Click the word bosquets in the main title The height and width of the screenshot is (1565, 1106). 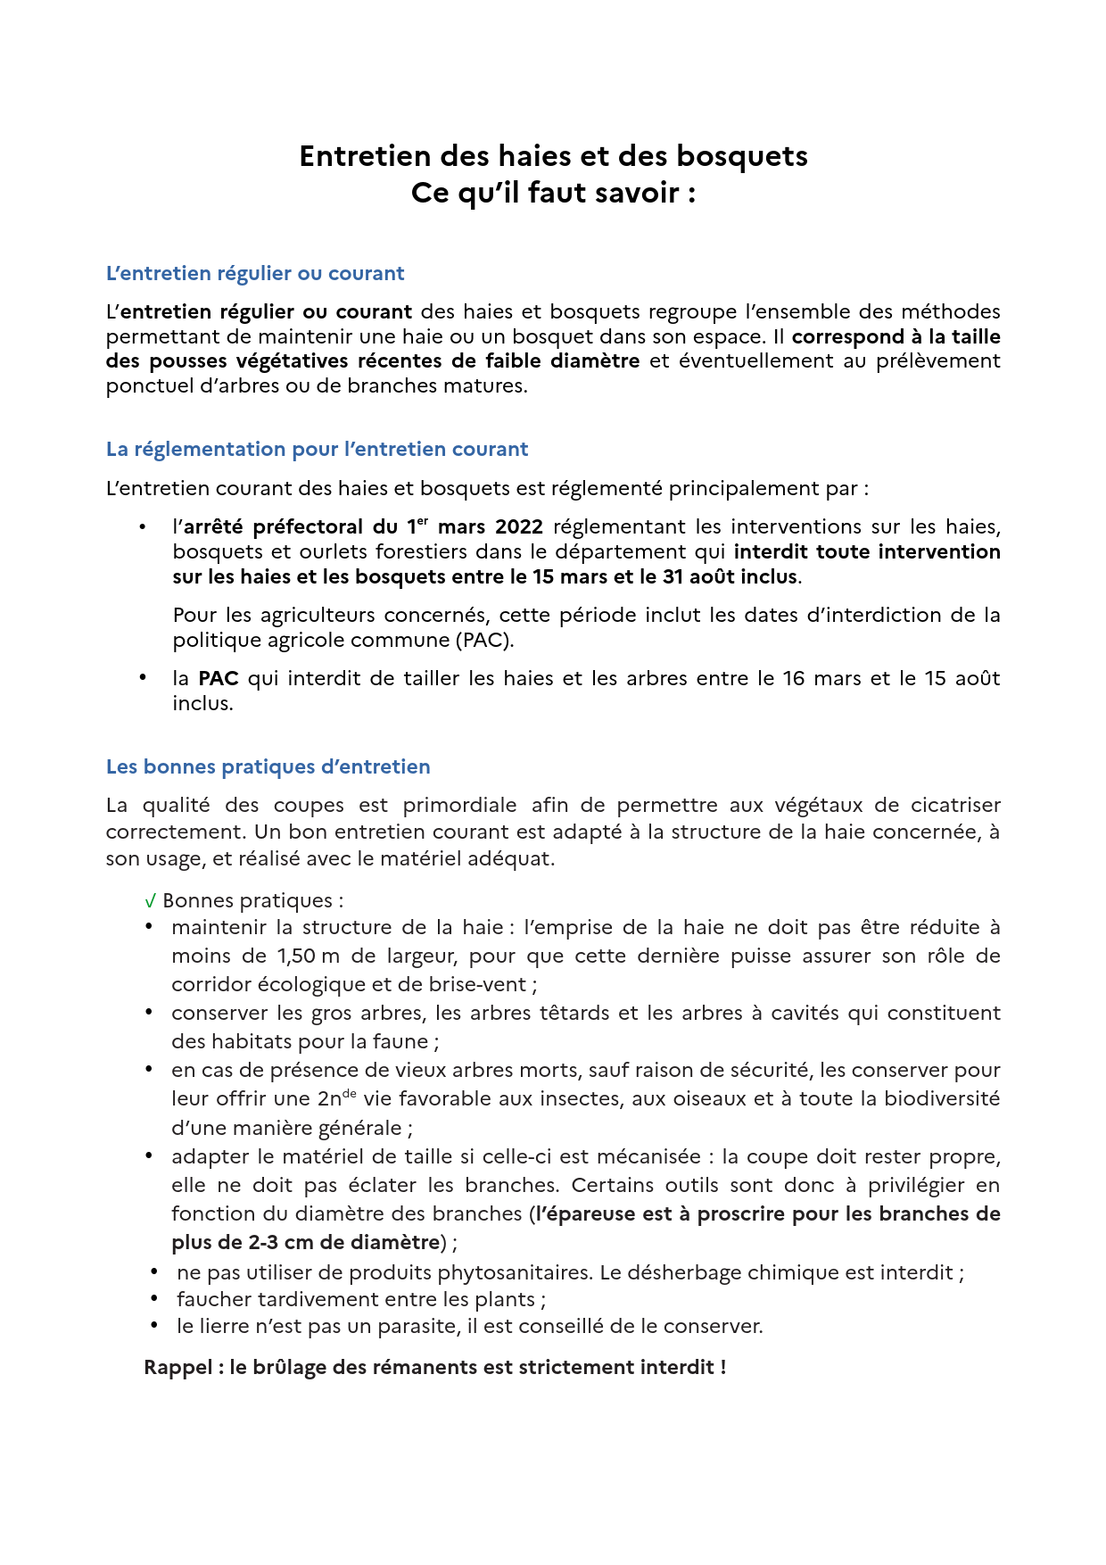[741, 157]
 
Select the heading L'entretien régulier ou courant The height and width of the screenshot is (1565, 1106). [255, 274]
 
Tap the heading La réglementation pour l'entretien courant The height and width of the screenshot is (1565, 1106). [317, 450]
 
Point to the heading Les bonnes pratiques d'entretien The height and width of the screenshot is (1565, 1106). [268, 767]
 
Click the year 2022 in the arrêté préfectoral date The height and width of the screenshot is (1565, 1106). [518, 527]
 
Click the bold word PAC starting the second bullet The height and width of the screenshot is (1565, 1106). [219, 679]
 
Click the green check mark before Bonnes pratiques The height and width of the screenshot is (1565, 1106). [150, 902]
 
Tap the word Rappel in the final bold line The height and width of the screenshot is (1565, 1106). [177, 1368]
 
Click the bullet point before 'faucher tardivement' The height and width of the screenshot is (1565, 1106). [154, 1299]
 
